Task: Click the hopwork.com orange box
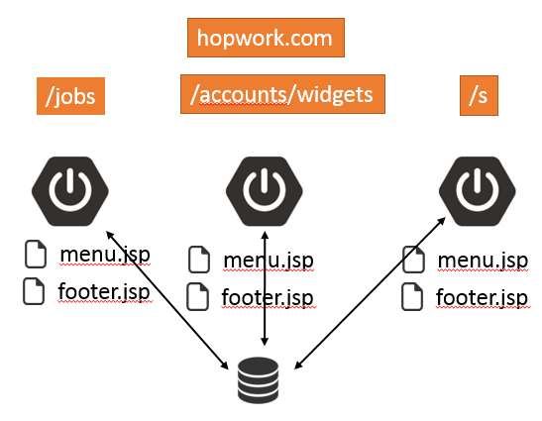(x=266, y=39)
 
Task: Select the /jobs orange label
(x=70, y=97)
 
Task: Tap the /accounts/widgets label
(x=281, y=94)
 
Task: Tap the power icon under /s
(x=479, y=187)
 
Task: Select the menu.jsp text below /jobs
(x=105, y=255)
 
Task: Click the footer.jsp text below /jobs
(x=104, y=291)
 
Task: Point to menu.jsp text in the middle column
(x=268, y=261)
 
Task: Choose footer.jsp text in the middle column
(x=267, y=297)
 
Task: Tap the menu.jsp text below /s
(x=482, y=261)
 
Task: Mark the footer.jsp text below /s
(x=482, y=297)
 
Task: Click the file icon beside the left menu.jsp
(x=37, y=256)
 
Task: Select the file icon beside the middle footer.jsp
(x=199, y=296)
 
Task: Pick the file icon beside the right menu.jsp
(x=413, y=261)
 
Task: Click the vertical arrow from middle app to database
(x=264, y=286)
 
